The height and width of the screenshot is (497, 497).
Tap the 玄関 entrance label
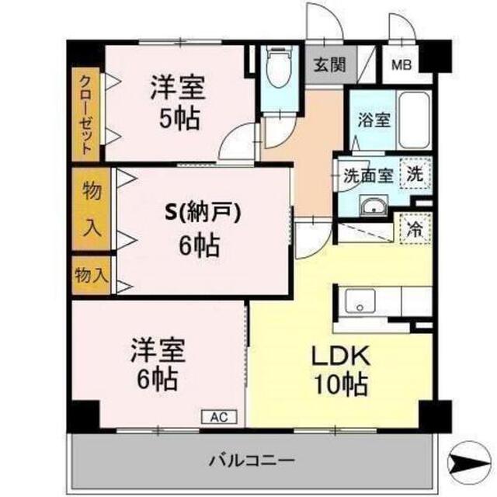click(329, 64)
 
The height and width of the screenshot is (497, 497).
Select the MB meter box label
click(401, 64)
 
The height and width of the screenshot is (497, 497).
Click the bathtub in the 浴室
click(414, 120)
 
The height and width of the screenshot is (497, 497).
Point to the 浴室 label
click(374, 120)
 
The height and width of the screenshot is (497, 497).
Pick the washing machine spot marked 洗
click(415, 173)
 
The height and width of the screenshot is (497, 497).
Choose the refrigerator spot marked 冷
click(415, 229)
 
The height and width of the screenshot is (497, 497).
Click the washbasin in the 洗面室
click(374, 206)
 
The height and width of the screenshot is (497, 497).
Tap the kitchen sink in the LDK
click(360, 302)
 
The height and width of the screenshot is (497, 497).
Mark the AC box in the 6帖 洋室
click(219, 417)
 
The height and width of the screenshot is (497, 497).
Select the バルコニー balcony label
click(252, 460)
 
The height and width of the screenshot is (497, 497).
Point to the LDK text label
click(341, 356)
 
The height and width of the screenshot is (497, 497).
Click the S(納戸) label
click(203, 213)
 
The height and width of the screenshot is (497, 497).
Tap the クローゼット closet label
click(85, 115)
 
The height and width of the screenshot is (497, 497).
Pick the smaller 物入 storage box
click(91, 275)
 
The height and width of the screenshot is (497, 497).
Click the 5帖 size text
click(179, 119)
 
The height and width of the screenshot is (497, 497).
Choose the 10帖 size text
click(341, 385)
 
